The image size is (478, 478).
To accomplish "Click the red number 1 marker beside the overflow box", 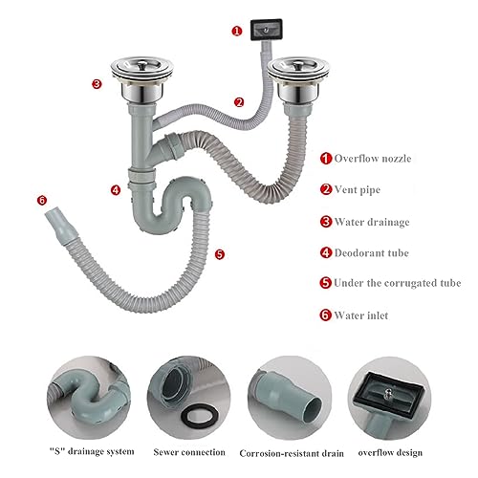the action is (237, 32).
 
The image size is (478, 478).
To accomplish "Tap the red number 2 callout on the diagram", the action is (239, 102).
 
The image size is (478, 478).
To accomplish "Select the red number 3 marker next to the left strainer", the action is (97, 84).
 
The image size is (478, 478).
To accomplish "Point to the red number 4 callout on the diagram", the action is (116, 190).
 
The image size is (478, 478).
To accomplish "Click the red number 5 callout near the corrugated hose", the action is (220, 254).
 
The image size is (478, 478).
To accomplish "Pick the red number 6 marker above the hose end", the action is (42, 201).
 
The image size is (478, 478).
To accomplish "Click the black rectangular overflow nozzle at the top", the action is (266, 30).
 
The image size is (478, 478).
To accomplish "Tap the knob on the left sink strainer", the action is (142, 65).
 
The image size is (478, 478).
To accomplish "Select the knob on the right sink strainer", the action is (298, 66).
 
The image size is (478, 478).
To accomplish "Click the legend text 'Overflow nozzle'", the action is (373, 159).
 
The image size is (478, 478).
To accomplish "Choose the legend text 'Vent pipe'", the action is (358, 190).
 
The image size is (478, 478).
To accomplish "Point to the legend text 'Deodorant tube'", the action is (372, 253).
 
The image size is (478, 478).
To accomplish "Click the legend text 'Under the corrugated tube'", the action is (398, 283).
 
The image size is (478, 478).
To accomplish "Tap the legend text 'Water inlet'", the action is (361, 315).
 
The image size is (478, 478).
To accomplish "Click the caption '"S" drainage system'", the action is (92, 451).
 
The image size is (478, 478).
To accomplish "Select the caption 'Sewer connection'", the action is (189, 452).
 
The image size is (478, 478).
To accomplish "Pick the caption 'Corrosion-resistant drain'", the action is (292, 453).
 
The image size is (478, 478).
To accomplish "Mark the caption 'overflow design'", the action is (390, 453).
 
